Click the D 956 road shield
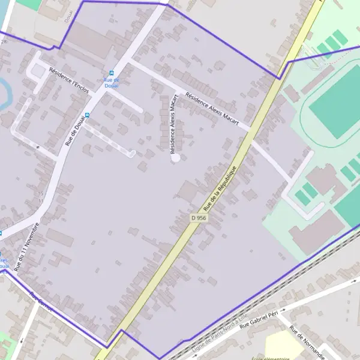click(x=199, y=218)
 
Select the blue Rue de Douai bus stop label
click(x=112, y=83)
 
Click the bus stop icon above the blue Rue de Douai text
click(x=112, y=73)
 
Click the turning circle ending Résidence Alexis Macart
click(x=175, y=158)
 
